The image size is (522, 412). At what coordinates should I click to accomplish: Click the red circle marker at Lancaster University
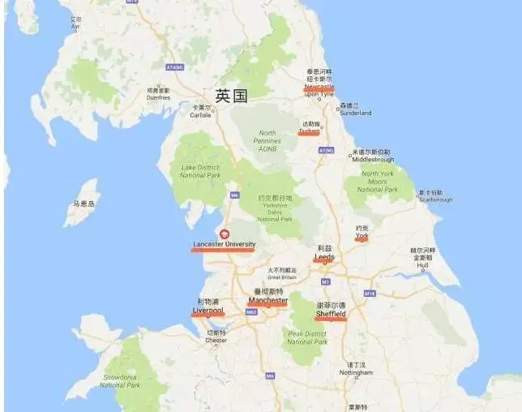[225, 234]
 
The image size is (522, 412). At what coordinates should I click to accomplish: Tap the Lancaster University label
[224, 243]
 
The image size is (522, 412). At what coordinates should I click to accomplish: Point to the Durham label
[309, 130]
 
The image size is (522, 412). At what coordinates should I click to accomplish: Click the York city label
[362, 236]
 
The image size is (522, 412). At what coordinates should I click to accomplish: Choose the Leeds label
[324, 257]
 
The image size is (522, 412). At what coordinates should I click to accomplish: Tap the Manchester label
[267, 300]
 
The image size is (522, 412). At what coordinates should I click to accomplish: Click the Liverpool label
[208, 310]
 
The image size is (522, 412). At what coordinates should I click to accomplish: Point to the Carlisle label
[200, 115]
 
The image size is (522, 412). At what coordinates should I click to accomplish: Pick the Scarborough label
[434, 200]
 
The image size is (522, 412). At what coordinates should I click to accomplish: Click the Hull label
[422, 264]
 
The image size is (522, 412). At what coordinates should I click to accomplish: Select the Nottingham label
[356, 373]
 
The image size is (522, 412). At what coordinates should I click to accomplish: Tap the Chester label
[216, 341]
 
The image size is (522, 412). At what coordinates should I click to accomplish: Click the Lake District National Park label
[199, 171]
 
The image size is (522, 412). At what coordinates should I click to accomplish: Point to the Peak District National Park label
[307, 337]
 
